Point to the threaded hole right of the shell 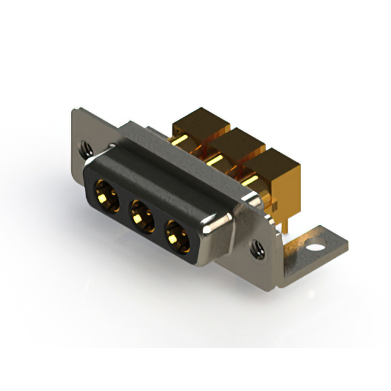pyautogui.click(x=257, y=247)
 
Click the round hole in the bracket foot pyautogui.click(x=315, y=249)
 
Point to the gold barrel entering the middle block pyautogui.click(x=216, y=159)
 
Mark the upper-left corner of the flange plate pyautogui.click(x=75, y=111)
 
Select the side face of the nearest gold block pyautogui.click(x=286, y=189)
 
